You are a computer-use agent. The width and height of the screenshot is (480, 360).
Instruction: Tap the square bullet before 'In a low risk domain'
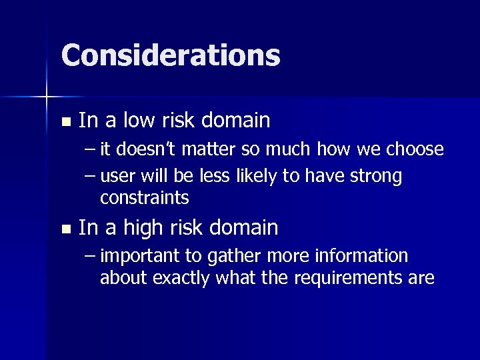(65, 122)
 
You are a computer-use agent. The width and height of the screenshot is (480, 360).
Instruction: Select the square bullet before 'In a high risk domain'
(65, 229)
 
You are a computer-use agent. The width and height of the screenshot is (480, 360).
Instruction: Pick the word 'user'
(120, 177)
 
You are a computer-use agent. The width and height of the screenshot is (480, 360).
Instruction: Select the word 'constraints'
(145, 198)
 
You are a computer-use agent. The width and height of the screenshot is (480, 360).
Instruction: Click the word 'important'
(142, 257)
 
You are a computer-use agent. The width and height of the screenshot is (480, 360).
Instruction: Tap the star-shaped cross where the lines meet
(47, 98)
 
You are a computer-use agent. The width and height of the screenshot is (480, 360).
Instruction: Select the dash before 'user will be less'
(91, 177)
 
